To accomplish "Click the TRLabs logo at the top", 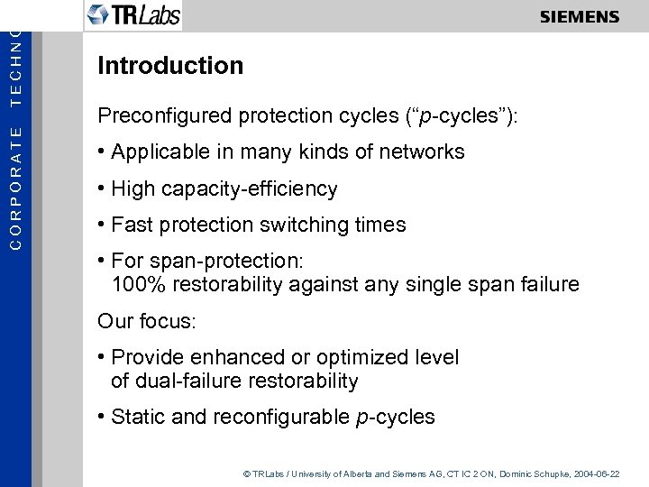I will [x=133, y=15].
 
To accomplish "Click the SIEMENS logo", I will [x=580, y=17].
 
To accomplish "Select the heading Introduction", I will [x=170, y=66].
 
